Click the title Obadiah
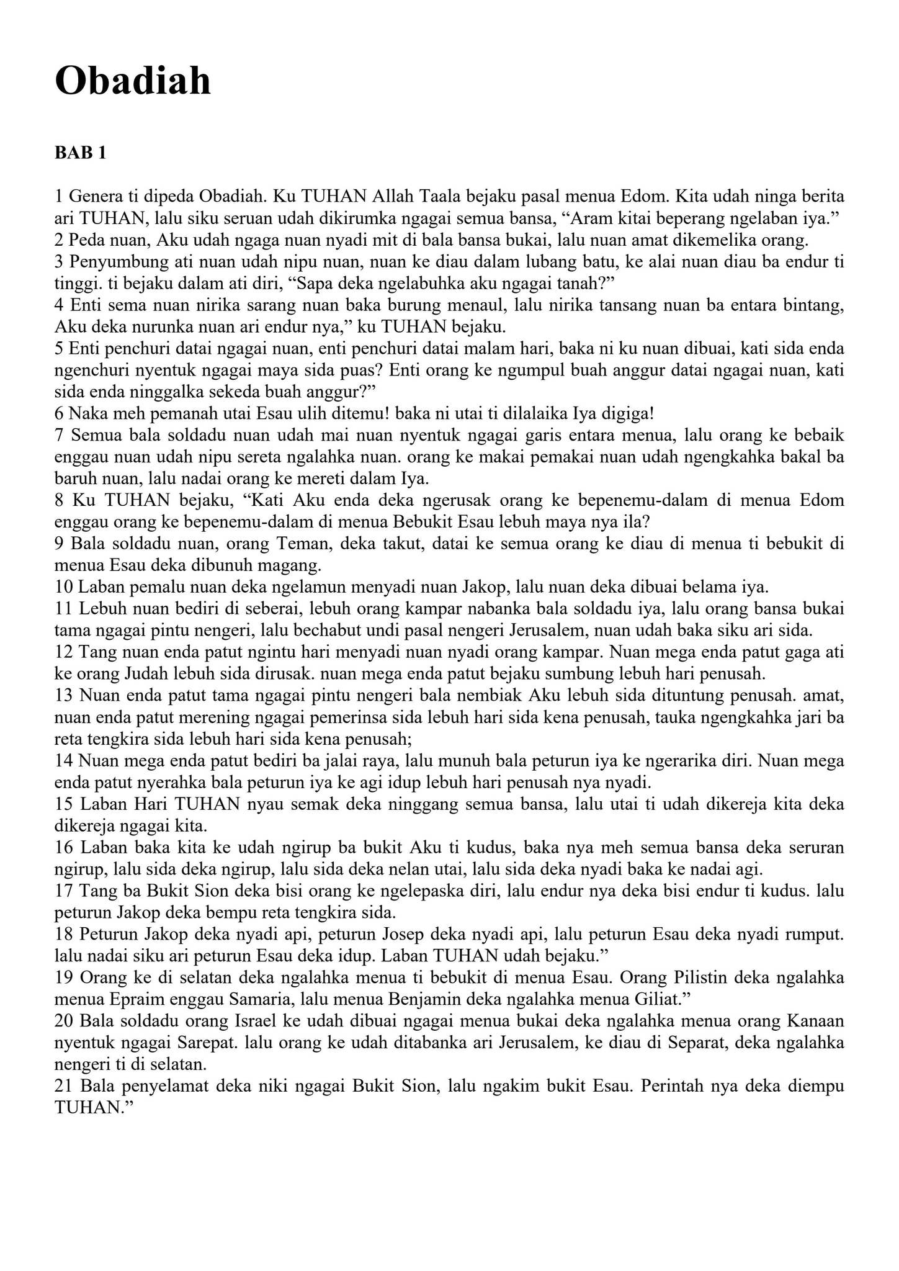click(133, 81)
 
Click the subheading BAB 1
click(80, 153)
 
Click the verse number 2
click(60, 240)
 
